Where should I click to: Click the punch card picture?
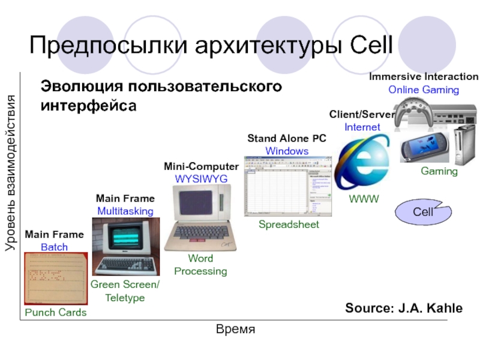click(56, 278)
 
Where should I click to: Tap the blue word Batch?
click(54, 247)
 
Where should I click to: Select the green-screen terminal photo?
click(126, 247)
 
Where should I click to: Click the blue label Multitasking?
click(125, 211)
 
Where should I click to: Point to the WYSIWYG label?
click(201, 179)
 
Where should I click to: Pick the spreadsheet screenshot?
click(288, 186)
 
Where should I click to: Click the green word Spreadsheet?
click(289, 224)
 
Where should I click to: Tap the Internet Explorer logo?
click(362, 162)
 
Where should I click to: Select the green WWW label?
click(364, 199)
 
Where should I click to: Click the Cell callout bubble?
click(423, 212)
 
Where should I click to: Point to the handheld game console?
click(425, 148)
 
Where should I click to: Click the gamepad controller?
click(414, 112)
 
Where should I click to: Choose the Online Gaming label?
click(424, 89)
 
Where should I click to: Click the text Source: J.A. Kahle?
click(404, 308)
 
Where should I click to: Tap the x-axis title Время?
click(235, 329)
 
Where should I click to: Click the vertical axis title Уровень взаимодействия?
click(10, 173)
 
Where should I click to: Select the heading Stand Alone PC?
click(287, 139)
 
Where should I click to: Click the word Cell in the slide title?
click(371, 45)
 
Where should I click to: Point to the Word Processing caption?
click(200, 265)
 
